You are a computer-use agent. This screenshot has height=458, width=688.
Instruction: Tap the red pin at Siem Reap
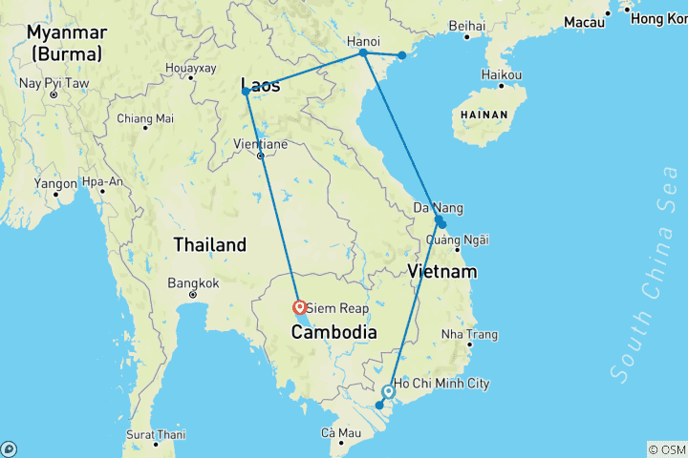coord(300,307)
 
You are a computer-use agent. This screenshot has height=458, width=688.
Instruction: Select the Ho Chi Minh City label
coord(441,384)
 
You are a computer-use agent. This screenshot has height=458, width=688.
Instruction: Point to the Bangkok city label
coord(193,282)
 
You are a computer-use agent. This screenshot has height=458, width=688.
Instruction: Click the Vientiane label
coord(260,144)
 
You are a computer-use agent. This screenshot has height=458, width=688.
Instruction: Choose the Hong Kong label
coord(659,18)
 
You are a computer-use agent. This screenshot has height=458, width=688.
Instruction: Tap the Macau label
coord(585,21)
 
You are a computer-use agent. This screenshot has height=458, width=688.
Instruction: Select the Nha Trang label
coord(469,335)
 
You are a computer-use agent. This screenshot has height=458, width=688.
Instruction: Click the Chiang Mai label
coord(145,118)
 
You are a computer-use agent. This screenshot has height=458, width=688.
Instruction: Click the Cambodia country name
coord(334,332)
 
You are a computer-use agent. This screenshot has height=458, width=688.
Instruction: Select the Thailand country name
coord(209,245)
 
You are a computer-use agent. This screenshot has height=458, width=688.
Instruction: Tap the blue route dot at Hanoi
coord(363,53)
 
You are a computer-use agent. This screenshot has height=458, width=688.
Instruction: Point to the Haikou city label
coord(502,74)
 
